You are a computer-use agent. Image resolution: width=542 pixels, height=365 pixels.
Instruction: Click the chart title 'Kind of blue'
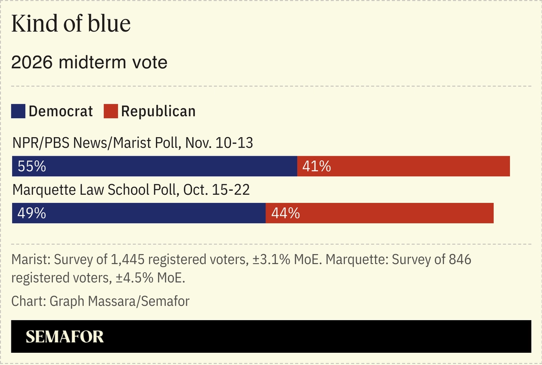pos(71,24)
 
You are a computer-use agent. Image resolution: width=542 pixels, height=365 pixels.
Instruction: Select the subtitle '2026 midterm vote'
pos(89,62)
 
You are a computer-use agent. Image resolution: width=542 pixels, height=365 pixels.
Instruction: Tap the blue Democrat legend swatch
pos(18,111)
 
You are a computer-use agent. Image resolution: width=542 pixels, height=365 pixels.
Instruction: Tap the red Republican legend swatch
pos(111,111)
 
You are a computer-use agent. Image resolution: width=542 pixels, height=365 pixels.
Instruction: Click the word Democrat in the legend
pos(61,111)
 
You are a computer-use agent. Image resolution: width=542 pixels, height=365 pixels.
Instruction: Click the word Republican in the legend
pos(158,111)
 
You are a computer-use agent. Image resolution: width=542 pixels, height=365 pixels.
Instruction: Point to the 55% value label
pos(32,166)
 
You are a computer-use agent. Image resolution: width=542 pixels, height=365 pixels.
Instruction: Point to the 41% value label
pos(316,166)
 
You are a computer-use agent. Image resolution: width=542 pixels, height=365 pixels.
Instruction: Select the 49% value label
pos(32,213)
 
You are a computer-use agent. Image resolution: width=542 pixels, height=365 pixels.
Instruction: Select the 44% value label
pos(285,213)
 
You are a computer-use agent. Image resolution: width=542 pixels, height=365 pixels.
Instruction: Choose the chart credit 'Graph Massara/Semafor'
pos(119,301)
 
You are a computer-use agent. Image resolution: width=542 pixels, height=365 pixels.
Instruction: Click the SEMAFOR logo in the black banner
pos(65,337)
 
